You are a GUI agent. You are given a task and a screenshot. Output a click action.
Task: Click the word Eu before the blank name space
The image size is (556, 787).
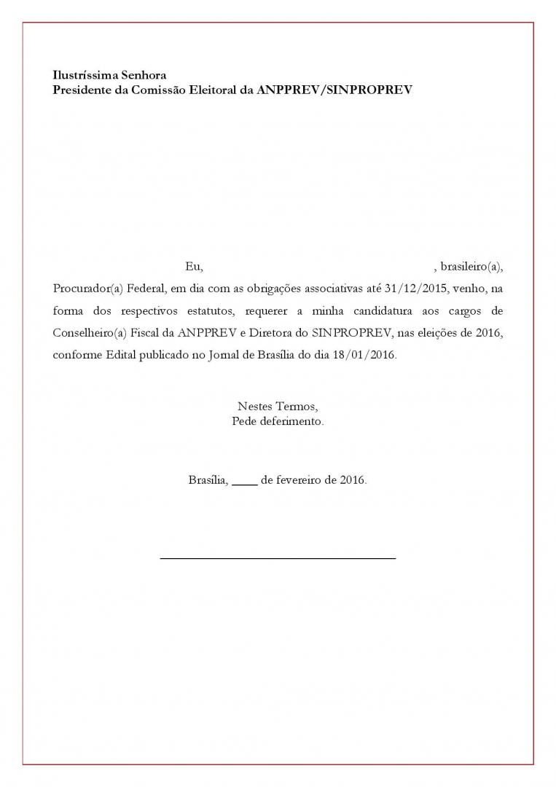193,266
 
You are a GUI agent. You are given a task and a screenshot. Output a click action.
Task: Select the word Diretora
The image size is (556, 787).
269,334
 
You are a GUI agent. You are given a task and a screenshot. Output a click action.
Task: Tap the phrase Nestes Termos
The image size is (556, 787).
278,407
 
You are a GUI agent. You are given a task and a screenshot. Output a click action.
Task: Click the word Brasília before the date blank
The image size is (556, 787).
208,481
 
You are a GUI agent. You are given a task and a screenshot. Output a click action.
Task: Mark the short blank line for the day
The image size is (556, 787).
244,484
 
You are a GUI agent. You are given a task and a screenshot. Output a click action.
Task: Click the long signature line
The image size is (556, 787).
278,558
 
